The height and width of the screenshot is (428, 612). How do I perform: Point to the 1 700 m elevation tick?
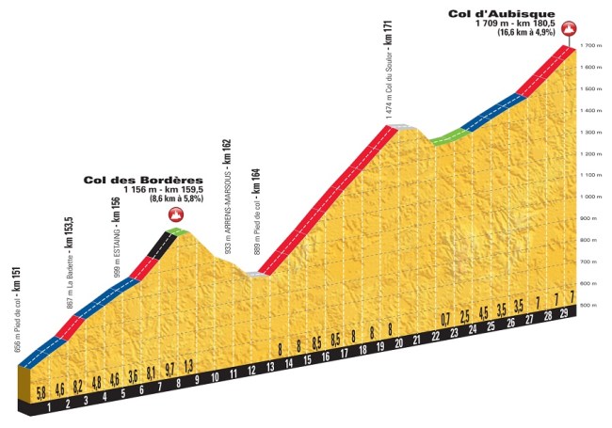tap(590, 45)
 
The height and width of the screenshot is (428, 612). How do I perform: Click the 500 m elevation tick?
tap(590, 306)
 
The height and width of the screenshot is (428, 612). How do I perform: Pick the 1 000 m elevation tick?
tap(590, 198)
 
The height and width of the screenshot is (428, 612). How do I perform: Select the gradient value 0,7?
tap(445, 317)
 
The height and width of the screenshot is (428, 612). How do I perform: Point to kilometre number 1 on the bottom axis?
tap(49, 408)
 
